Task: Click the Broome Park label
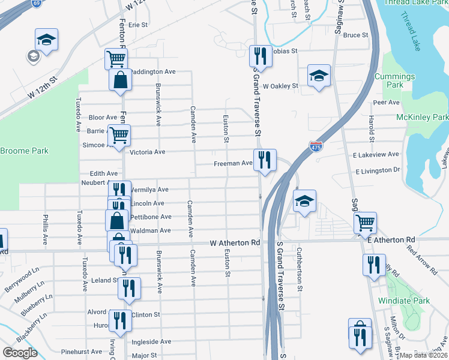(24, 151)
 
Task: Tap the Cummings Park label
(394, 80)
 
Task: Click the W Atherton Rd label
(235, 243)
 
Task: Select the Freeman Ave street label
(233, 163)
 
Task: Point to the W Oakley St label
(280, 86)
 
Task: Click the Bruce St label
(356, 35)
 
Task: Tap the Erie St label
(137, 25)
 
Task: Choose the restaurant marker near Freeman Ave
(264, 160)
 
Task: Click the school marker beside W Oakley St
(319, 76)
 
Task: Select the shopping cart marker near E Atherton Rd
(365, 223)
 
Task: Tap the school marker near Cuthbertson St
(304, 201)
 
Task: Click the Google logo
(20, 353)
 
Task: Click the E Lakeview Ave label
(376, 154)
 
